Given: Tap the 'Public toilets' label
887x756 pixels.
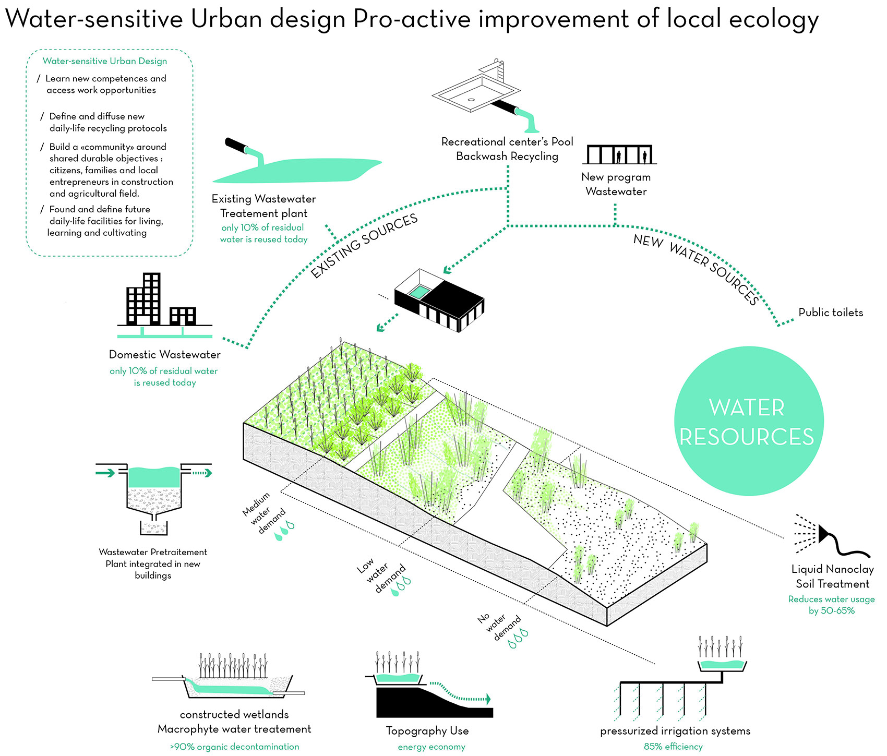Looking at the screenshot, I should [x=831, y=313].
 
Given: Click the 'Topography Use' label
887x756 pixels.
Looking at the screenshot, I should [x=427, y=731].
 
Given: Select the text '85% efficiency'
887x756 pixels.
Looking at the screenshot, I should [x=673, y=747].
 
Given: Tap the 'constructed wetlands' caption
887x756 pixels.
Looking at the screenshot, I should [x=234, y=715].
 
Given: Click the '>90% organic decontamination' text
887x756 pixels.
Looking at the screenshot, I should [x=235, y=747].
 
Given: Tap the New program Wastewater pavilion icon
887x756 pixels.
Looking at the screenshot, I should [x=619, y=155].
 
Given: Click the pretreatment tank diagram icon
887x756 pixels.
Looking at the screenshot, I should [x=153, y=498].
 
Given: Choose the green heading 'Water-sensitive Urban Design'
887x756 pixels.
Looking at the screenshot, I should [x=105, y=61].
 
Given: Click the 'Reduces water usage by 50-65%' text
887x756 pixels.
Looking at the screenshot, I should [x=831, y=605].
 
